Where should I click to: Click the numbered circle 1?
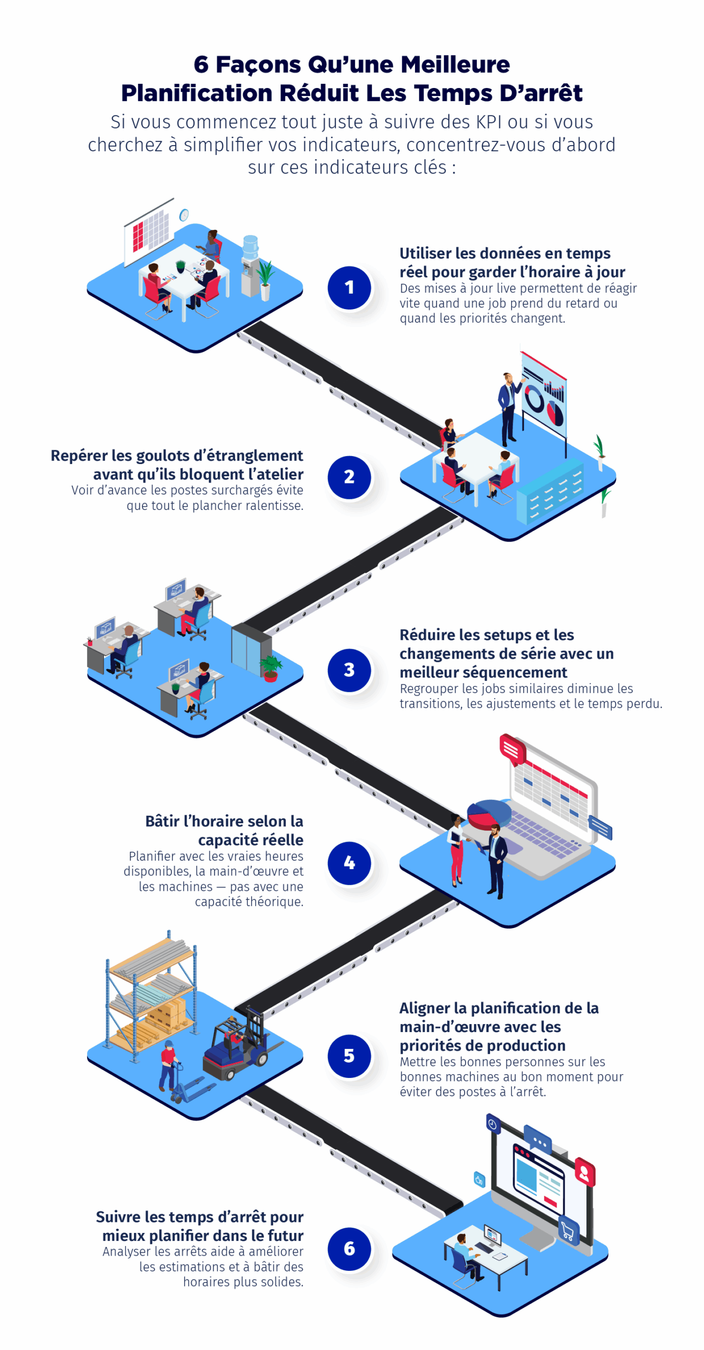tap(349, 287)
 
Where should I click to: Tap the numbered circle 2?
tap(349, 477)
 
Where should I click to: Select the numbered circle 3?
tap(349, 670)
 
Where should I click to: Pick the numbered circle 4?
tap(349, 863)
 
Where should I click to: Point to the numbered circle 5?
tap(349, 1055)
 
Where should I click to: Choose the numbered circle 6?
tap(349, 1248)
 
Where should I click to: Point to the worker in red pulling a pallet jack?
tap(168, 1065)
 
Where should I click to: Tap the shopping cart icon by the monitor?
tap(568, 1232)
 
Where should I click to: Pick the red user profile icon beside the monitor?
tap(584, 1173)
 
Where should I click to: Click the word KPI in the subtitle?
tap(488, 122)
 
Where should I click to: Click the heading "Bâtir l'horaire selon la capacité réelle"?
tap(224, 830)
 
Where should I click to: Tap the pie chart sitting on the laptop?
tap(488, 814)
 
